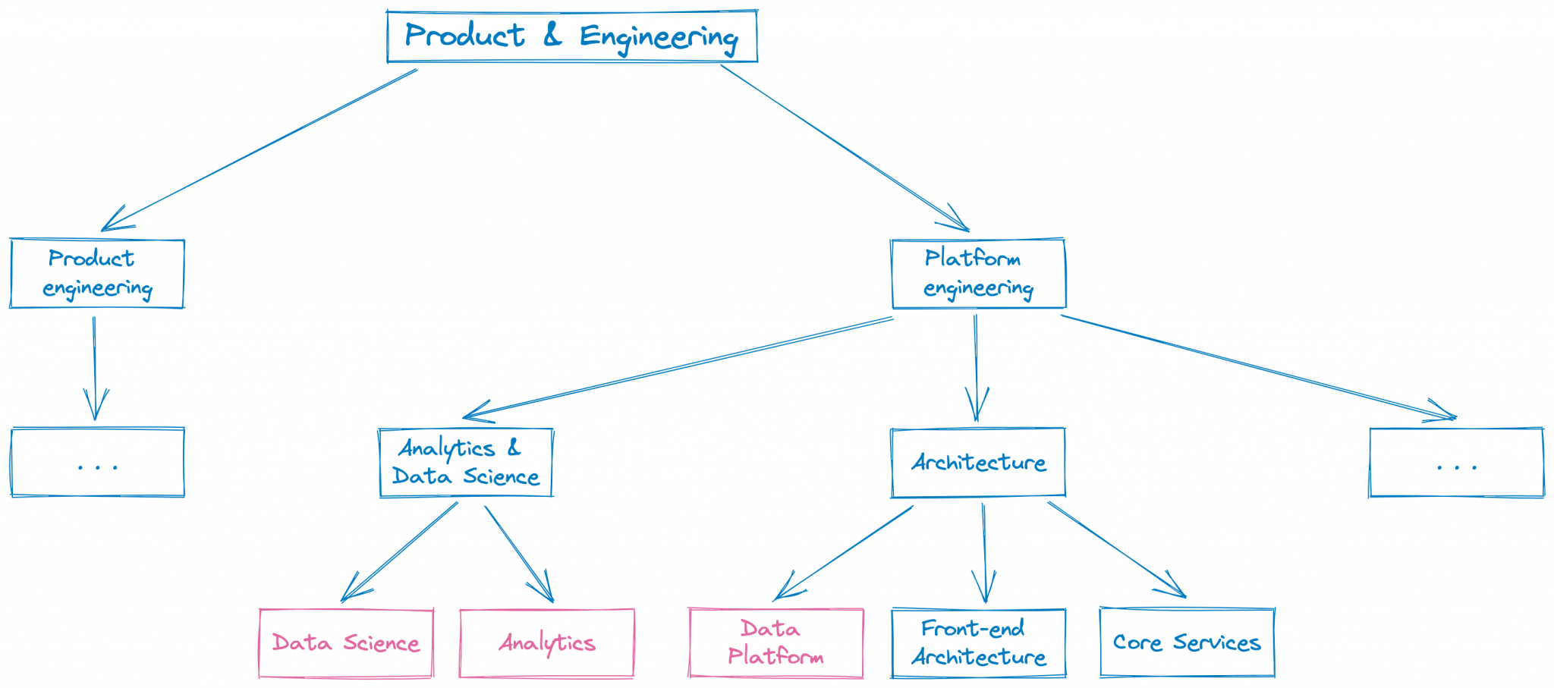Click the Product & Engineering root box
571,36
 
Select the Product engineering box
97,274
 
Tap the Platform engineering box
978,274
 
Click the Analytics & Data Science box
466,463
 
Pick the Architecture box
978,463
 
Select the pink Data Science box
346,643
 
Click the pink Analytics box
546,643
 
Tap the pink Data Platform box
775,642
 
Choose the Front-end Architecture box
978,643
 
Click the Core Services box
1187,642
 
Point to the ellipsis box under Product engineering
97,463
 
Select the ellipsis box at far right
1456,463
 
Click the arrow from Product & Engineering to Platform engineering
842,147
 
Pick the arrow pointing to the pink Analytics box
518,553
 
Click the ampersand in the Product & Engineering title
552,35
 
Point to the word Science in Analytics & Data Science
502,477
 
